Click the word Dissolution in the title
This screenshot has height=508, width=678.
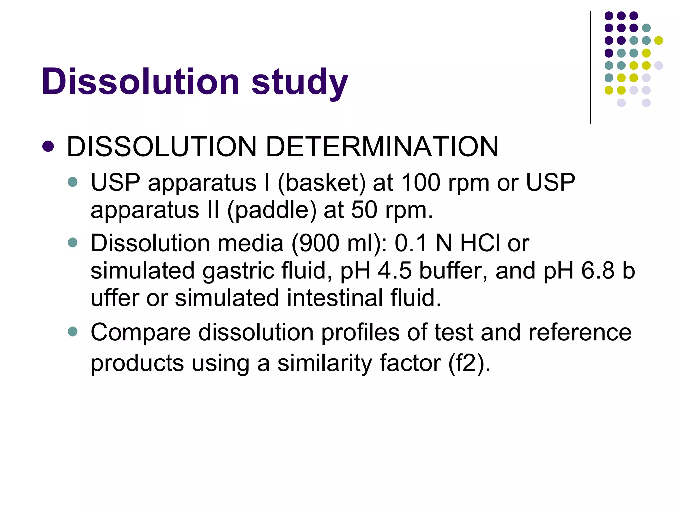click(140, 81)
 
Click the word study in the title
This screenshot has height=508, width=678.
click(300, 83)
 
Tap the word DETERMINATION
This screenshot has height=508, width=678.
click(382, 147)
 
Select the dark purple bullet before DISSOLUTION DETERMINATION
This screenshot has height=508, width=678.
click(48, 147)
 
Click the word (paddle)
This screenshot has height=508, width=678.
click(272, 210)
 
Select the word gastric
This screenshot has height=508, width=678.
click(238, 271)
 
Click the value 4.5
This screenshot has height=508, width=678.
click(395, 271)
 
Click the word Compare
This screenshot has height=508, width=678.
click(141, 333)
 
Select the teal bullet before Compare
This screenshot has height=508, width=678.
click(73, 331)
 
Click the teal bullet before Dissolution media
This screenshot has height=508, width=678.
click(73, 243)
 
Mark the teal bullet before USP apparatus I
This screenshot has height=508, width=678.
click(73, 182)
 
